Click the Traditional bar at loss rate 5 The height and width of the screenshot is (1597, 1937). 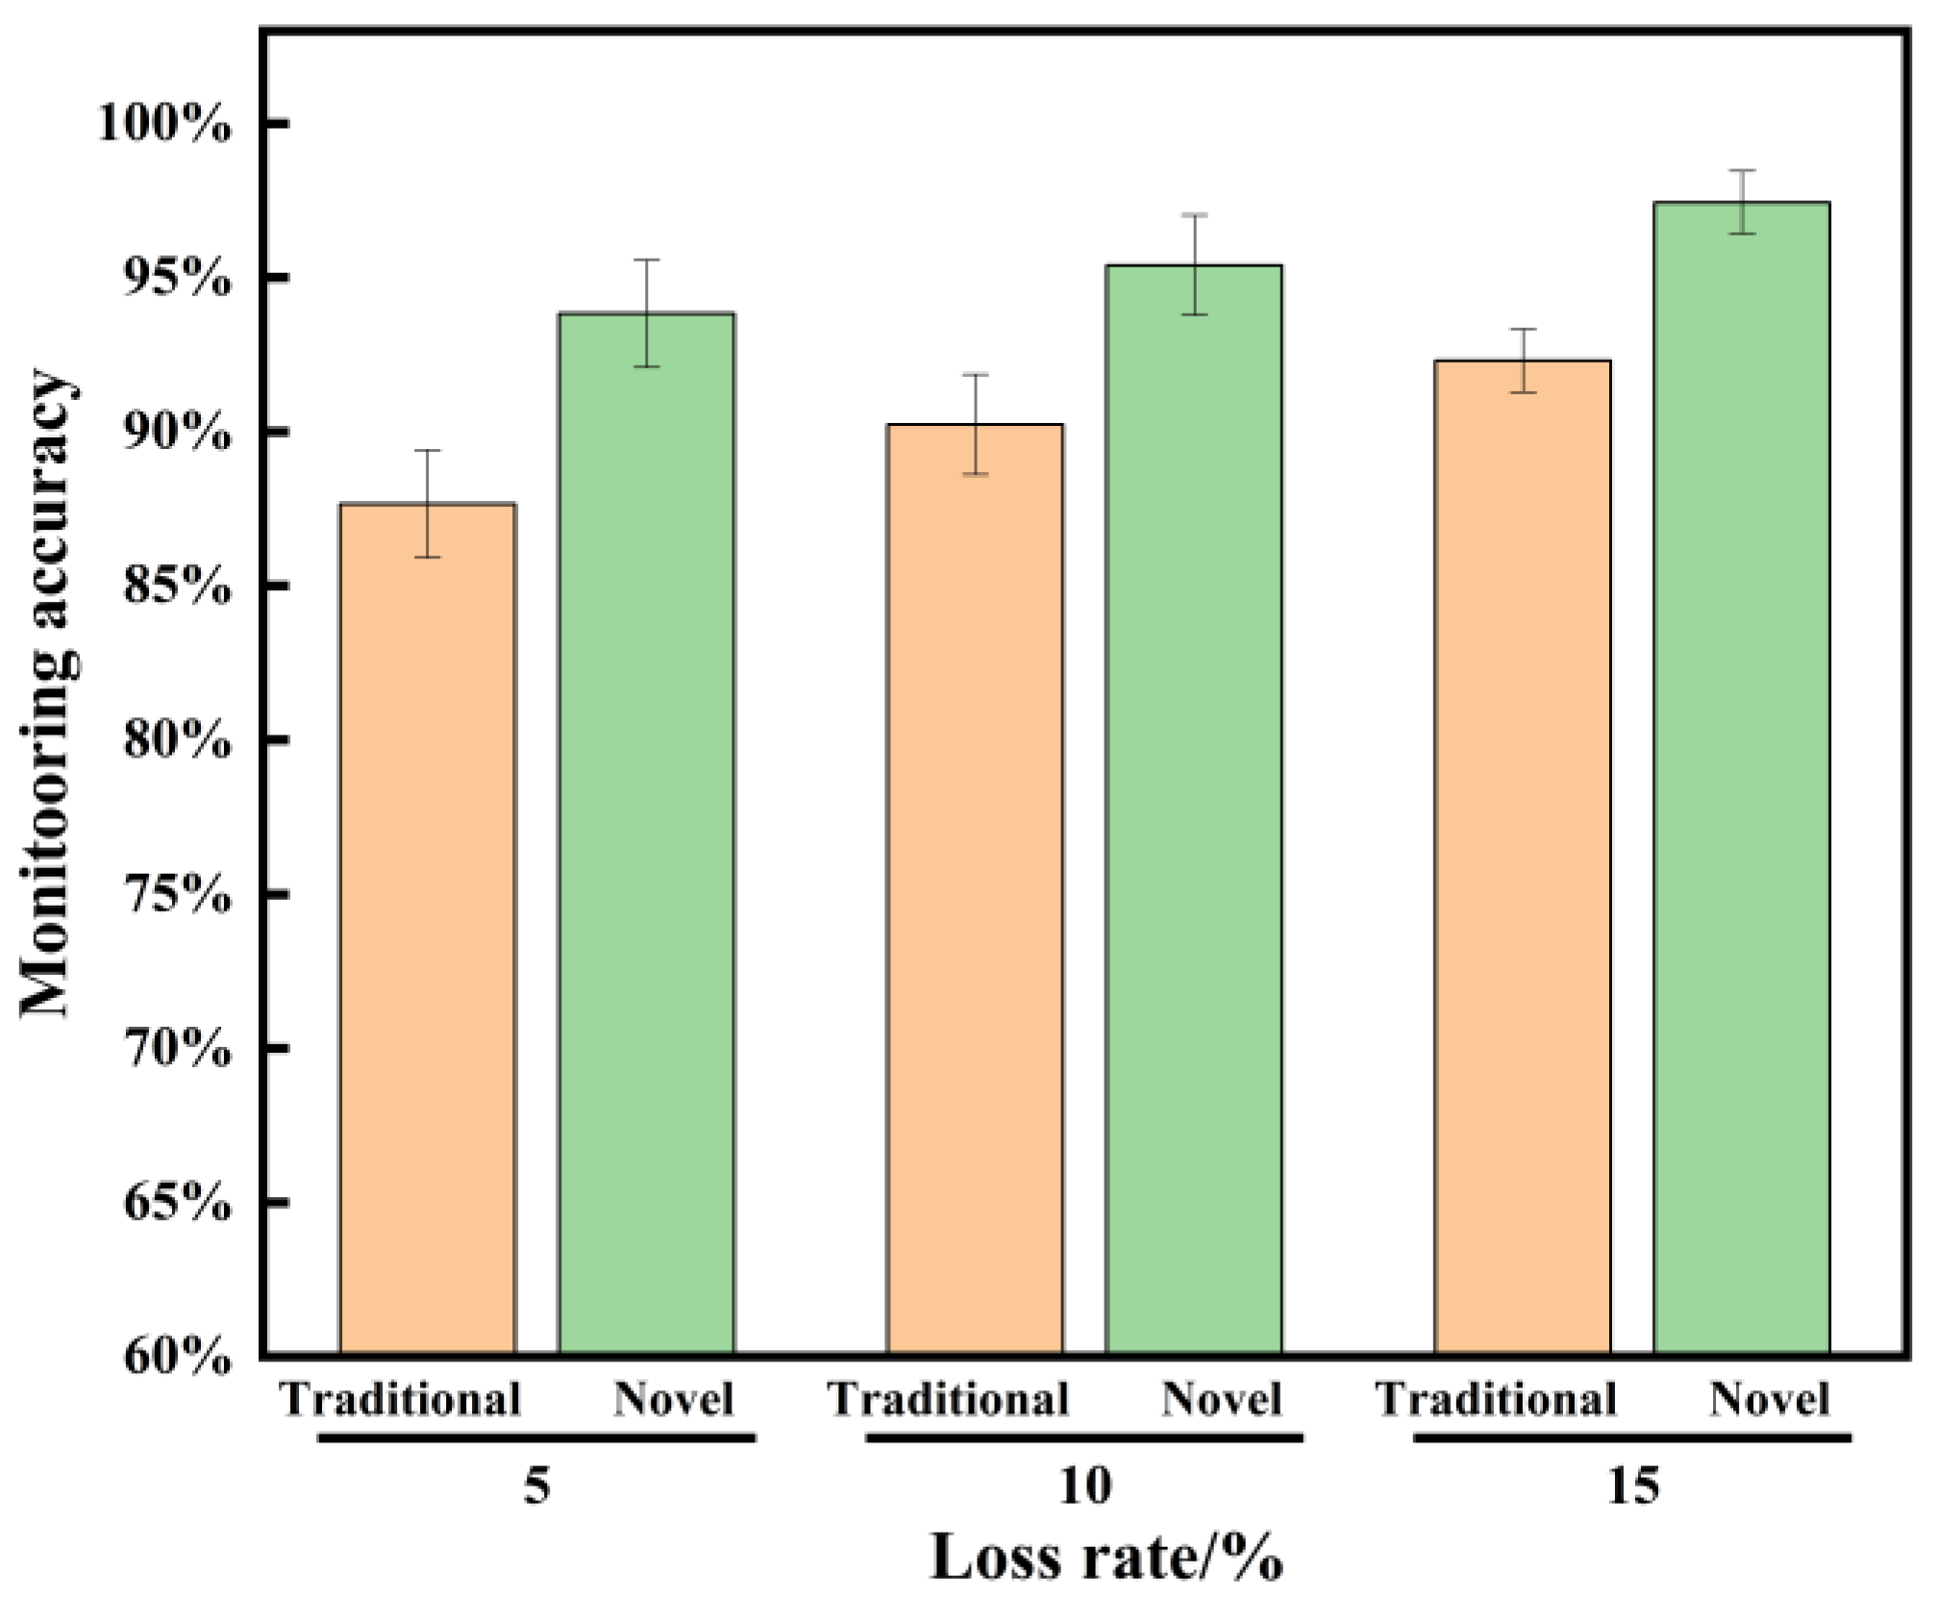pyautogui.click(x=428, y=928)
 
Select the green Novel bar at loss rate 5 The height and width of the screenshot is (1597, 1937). pyautogui.click(x=647, y=833)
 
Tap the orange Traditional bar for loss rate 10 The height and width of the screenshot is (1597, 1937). pyautogui.click(x=975, y=888)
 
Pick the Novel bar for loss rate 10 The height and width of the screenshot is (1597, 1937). pyautogui.click(x=1194, y=809)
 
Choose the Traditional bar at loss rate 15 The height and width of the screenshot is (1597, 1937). pyautogui.click(x=1523, y=857)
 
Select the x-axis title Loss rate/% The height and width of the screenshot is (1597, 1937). pyautogui.click(x=1106, y=1558)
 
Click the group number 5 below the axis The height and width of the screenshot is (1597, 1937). pyautogui.click(x=537, y=1485)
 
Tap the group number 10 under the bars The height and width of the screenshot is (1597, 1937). pyautogui.click(x=1084, y=1485)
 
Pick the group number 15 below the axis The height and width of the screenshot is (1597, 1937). pyautogui.click(x=1632, y=1485)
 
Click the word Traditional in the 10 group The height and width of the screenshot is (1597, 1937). pyautogui.click(x=949, y=1399)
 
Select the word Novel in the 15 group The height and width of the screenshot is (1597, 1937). pyautogui.click(x=1769, y=1399)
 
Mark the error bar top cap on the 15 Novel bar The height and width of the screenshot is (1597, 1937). pyautogui.click(x=1742, y=170)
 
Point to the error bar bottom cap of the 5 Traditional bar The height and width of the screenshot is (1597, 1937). pyautogui.click(x=428, y=557)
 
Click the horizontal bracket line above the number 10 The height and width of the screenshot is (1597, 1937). pyautogui.click(x=1084, y=1438)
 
